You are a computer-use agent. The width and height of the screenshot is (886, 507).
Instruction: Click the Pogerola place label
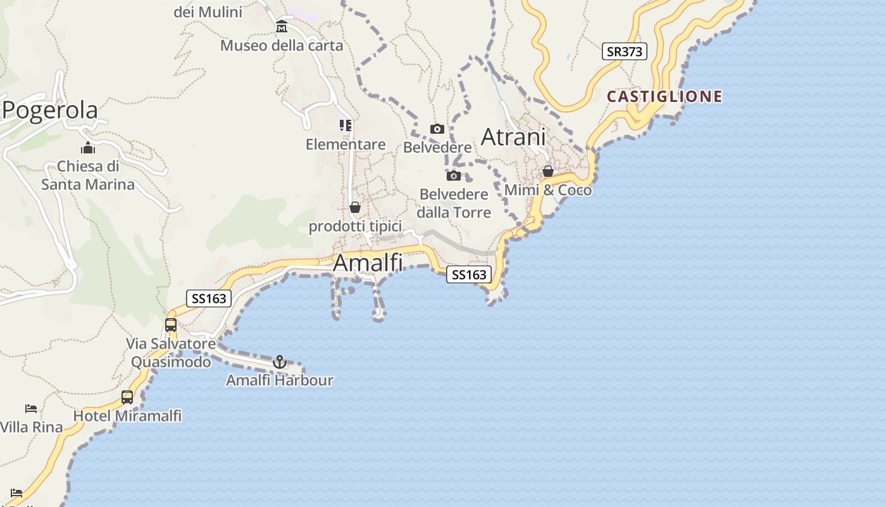pos(51,110)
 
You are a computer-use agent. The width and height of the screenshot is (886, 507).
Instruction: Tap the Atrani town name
pos(513,137)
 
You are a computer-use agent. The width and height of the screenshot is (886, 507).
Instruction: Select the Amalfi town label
pos(368,262)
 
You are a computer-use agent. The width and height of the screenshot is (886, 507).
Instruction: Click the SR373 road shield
pos(624,52)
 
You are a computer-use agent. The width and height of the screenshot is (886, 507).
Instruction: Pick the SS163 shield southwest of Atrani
pos(469,274)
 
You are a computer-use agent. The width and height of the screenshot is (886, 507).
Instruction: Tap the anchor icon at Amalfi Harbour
pos(280,362)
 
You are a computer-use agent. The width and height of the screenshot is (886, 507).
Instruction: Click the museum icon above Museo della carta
pos(282,27)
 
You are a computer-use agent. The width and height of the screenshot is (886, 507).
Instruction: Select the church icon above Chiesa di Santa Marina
pos(88,148)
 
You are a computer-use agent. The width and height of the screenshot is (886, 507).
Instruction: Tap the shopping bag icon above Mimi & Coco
pos(548,171)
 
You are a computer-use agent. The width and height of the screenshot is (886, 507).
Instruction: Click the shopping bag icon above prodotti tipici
pos(355,207)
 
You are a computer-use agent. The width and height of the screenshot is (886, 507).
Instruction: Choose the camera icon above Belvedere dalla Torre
pos(454,176)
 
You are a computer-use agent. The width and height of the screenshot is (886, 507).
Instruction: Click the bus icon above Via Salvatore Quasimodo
pos(171,325)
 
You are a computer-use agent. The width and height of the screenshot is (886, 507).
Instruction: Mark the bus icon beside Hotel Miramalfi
pos(127,397)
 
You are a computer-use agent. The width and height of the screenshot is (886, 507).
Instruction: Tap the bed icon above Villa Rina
pos(31,408)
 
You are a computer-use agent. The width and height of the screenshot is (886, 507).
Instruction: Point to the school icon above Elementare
pos(346,125)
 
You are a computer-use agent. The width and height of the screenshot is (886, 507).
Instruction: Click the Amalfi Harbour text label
pos(280,380)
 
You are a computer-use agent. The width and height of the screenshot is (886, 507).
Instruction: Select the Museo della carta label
pos(282,46)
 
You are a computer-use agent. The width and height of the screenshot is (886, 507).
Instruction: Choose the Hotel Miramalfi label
pos(127,416)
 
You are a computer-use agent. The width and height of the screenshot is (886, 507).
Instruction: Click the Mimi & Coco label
pos(548,190)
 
